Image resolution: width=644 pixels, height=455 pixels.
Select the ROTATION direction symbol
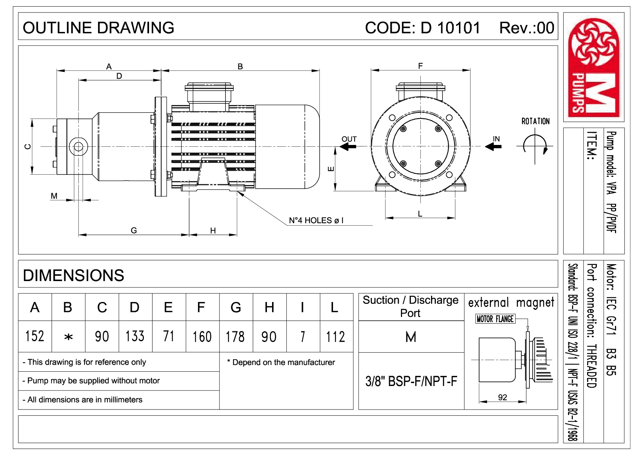click(535, 145)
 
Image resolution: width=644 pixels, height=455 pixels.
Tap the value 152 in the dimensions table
click(35, 336)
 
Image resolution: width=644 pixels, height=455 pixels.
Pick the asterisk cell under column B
click(68, 337)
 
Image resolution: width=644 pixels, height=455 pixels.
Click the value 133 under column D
click(135, 336)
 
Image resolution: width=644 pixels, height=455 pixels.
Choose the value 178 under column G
click(235, 336)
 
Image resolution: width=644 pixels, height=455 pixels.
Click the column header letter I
click(302, 307)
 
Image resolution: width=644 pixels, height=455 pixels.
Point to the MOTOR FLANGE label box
click(495, 319)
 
